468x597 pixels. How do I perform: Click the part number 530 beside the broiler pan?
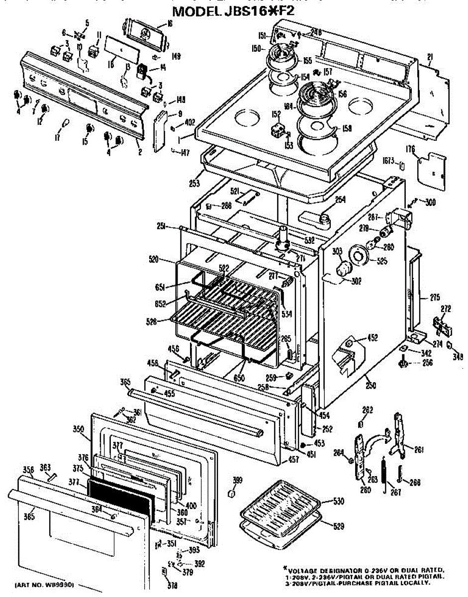click(x=338, y=502)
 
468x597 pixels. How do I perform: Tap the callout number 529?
click(x=338, y=526)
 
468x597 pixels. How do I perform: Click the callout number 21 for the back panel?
click(x=430, y=56)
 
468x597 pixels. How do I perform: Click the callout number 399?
click(x=238, y=480)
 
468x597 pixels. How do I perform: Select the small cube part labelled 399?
click(x=231, y=493)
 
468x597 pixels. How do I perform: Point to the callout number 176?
click(x=410, y=148)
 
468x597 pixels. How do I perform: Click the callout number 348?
click(x=458, y=356)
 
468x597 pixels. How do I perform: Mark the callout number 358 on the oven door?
click(x=28, y=469)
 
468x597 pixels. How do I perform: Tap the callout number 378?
click(x=172, y=586)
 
